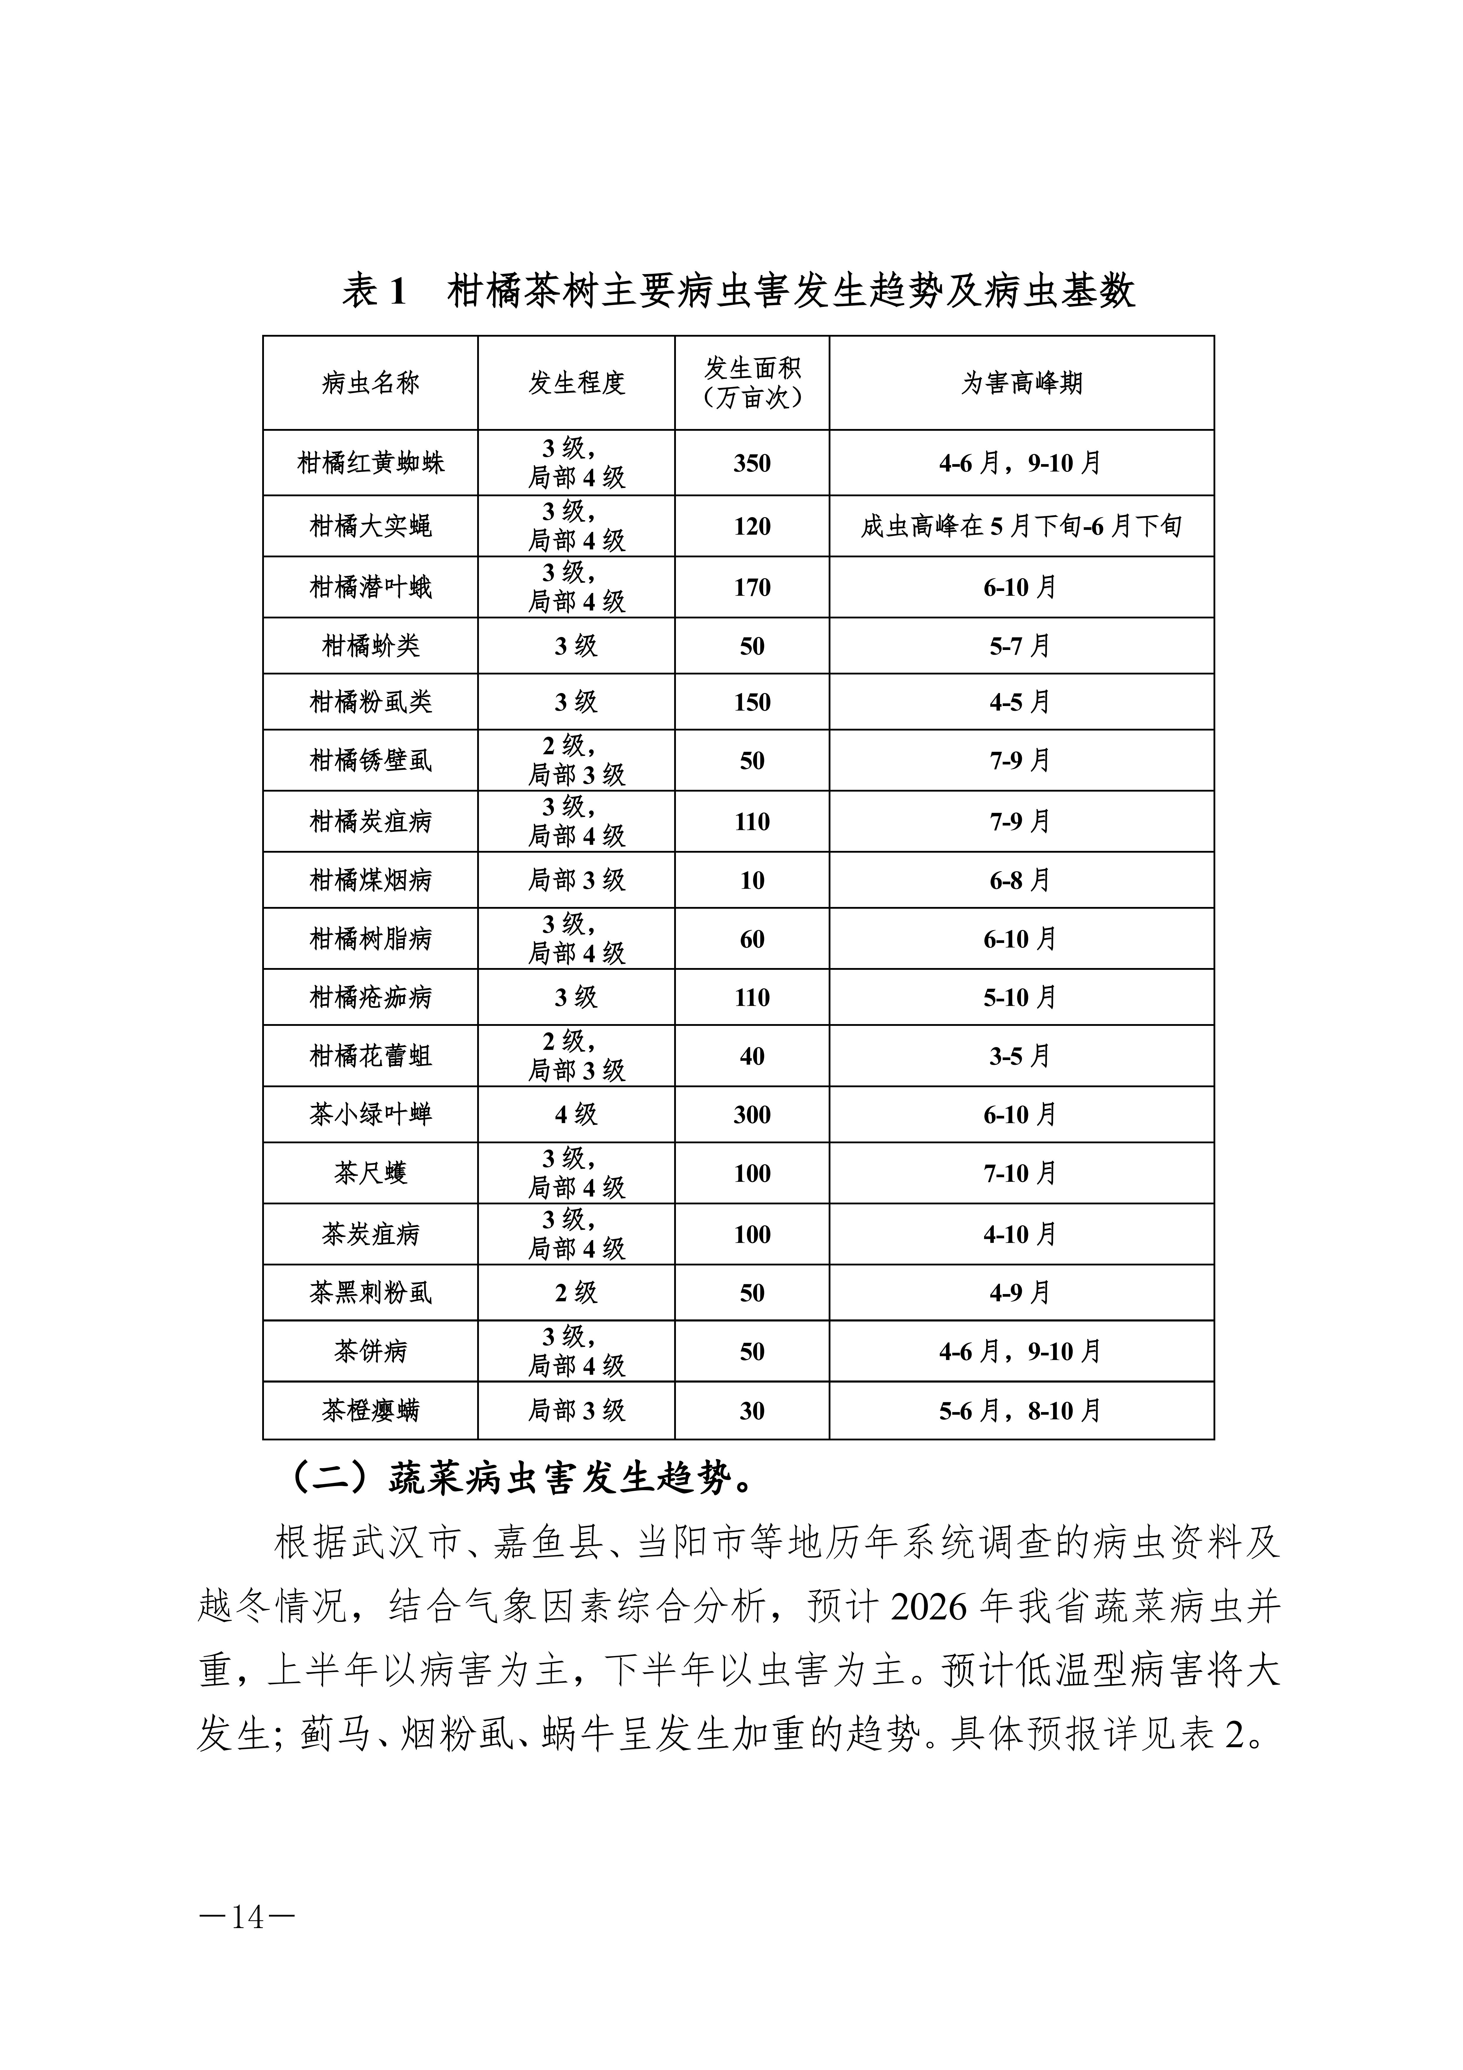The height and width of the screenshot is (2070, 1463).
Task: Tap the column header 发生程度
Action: (x=576, y=383)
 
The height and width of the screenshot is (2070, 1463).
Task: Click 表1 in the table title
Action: (x=374, y=291)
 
